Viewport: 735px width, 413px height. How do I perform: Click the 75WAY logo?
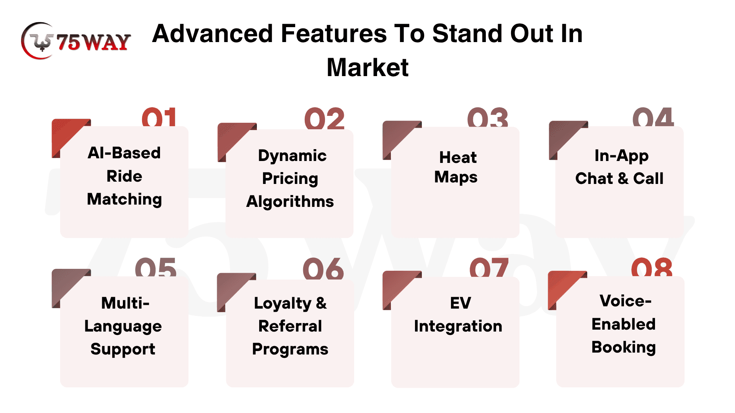[x=76, y=41]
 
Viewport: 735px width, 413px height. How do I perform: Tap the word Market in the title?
[x=367, y=68]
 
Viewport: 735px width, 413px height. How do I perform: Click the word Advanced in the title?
[x=212, y=34]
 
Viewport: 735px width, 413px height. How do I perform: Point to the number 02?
[x=325, y=119]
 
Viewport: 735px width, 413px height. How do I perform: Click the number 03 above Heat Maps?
[x=488, y=117]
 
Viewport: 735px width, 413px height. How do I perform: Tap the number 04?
[x=653, y=117]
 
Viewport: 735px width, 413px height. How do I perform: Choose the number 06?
[x=323, y=268]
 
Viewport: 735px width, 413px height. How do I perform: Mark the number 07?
[x=489, y=267]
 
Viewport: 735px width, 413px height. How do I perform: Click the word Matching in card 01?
[x=124, y=200]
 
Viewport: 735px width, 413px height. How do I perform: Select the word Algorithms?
[x=290, y=202]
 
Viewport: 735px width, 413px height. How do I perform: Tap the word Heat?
[x=458, y=157]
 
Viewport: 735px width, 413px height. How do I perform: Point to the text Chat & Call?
[x=619, y=179]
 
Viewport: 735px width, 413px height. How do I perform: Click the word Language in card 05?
[x=123, y=327]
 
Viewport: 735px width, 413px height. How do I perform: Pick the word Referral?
[x=290, y=326]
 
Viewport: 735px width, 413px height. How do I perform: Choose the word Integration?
[x=458, y=326]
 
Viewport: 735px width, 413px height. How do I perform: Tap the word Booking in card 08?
[x=624, y=348]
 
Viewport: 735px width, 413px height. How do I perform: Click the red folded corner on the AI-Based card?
[x=67, y=134]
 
